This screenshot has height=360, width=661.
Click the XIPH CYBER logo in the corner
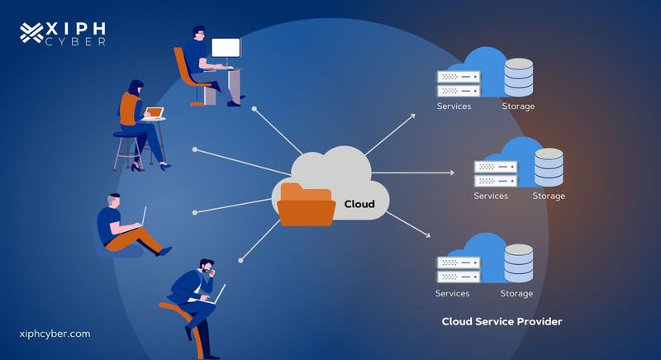click(x=62, y=32)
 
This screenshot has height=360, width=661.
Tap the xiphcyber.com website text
click(x=55, y=334)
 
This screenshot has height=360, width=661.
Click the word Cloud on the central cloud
click(x=359, y=204)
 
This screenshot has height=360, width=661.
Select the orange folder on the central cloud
click(x=307, y=204)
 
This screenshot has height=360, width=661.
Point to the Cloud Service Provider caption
click(x=502, y=321)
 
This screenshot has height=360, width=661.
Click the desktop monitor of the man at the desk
click(x=226, y=49)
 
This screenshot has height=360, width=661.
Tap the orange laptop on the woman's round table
click(x=155, y=113)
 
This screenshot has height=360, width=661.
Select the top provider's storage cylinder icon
click(x=519, y=78)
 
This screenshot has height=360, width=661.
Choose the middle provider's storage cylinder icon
click(x=549, y=168)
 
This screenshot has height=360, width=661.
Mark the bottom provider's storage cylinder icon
click(x=519, y=263)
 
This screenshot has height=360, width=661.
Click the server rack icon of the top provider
click(x=459, y=83)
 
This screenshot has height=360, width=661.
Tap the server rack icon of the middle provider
click(x=495, y=173)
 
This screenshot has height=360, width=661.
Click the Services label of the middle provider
click(x=491, y=196)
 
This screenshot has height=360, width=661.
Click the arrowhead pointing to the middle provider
click(x=451, y=173)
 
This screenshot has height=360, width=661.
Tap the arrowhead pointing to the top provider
click(x=413, y=116)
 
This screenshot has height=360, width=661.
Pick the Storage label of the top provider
click(x=518, y=107)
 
